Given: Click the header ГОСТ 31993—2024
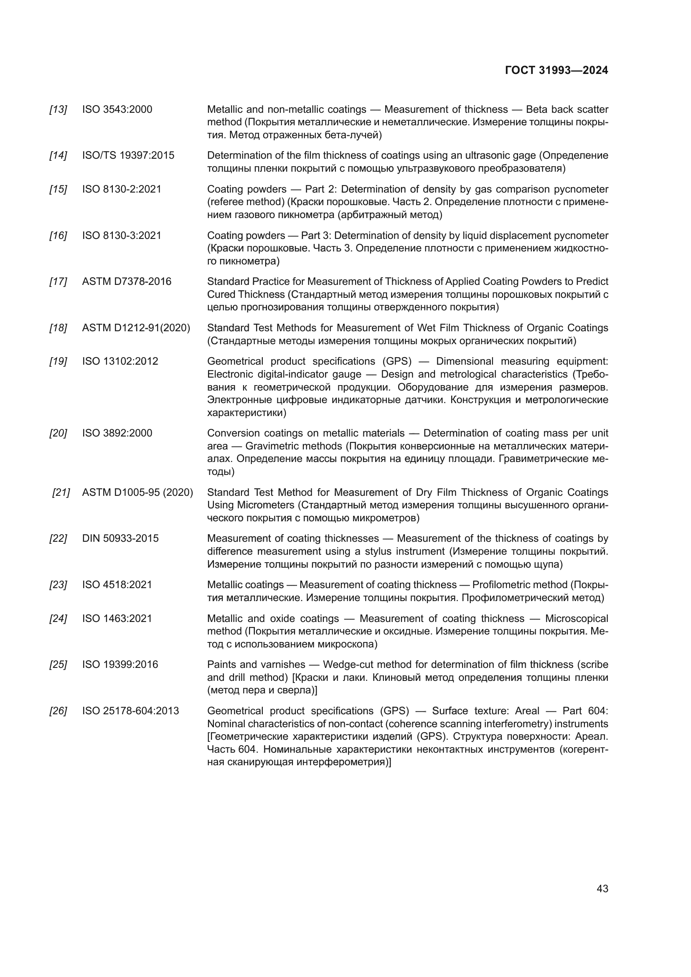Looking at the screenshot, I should (556, 71).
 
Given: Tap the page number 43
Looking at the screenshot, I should (602, 888).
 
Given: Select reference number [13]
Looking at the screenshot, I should (58, 109).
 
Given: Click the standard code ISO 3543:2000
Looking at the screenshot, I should (117, 109).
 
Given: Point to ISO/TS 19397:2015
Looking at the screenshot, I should (128, 155).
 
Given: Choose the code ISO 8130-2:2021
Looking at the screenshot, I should (122, 189).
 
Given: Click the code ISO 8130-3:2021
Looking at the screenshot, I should (122, 235).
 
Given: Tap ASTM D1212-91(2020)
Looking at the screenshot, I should (136, 327).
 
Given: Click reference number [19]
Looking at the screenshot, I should (58, 361).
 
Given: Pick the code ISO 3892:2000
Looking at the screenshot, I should (117, 433).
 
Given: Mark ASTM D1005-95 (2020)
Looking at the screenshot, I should (137, 492).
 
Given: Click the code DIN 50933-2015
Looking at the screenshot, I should (120, 538).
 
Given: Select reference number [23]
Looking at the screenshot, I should (58, 585).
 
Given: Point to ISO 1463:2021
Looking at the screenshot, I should (117, 618).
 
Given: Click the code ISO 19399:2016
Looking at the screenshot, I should (120, 664).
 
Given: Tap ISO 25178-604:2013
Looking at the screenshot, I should (130, 711).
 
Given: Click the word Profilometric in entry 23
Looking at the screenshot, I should (501, 585).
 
